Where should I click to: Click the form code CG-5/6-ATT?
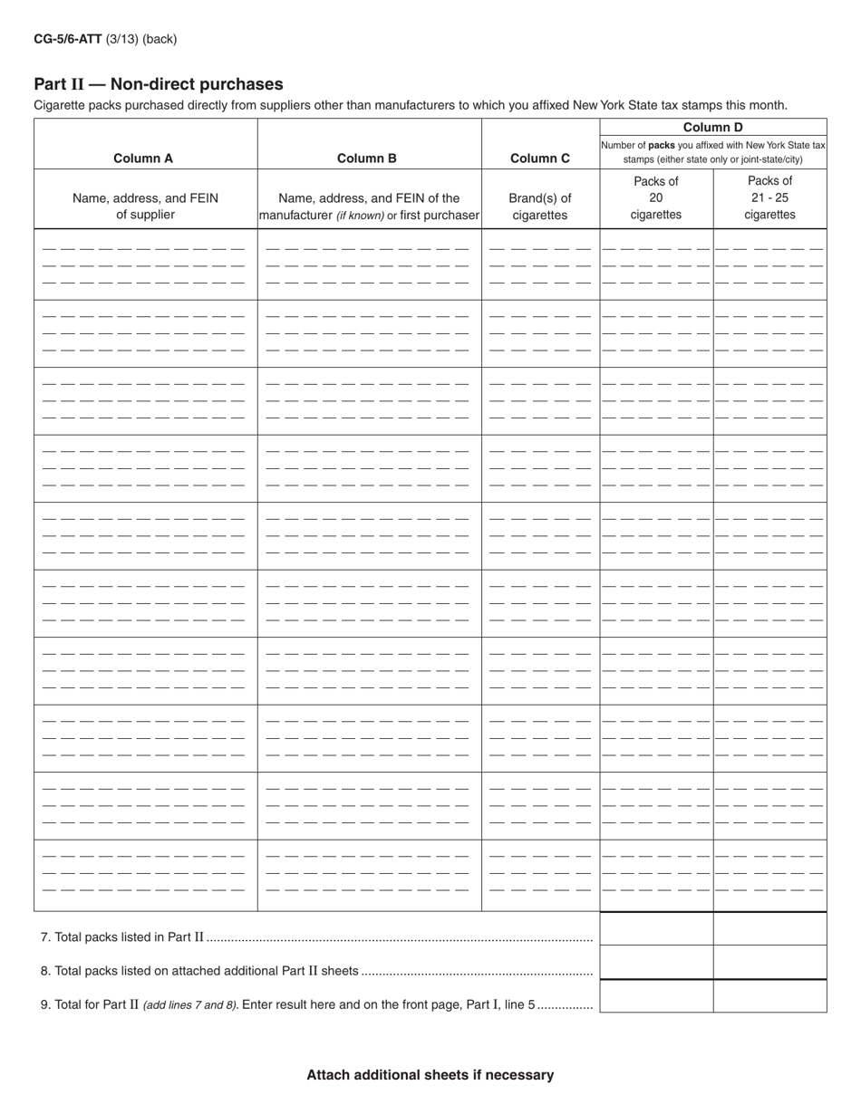[68, 39]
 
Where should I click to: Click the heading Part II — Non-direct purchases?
[159, 84]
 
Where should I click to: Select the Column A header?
[143, 158]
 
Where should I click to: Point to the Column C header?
[540, 158]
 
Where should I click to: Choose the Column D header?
[712, 128]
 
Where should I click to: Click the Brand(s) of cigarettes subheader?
[540, 206]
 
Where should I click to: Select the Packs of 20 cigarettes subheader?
[656, 198]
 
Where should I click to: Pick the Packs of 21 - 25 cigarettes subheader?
[769, 198]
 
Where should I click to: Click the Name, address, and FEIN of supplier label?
[145, 206]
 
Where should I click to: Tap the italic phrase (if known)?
[360, 216]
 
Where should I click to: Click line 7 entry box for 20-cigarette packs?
[656, 929]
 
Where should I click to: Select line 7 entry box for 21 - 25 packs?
[769, 929]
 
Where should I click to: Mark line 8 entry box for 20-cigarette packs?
[656, 963]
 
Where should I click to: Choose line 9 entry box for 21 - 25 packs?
[769, 996]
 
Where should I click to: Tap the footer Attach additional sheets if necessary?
[430, 1075]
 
